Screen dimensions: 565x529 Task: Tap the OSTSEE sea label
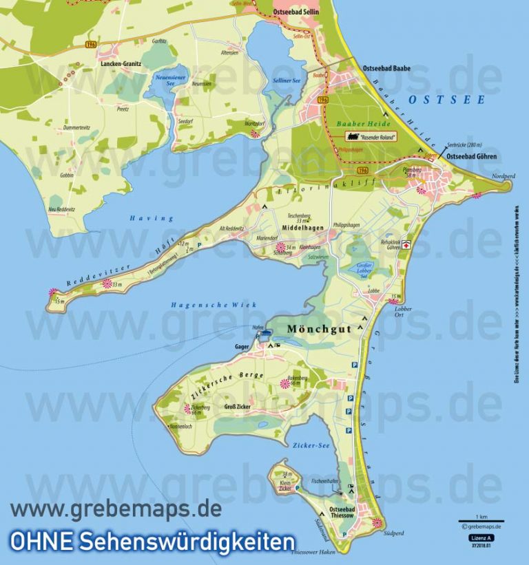click(447, 100)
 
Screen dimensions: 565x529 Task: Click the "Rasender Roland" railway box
click(371, 136)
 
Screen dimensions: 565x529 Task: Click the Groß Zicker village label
click(238, 407)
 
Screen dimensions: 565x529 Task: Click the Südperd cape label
click(394, 533)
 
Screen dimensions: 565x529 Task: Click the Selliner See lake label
click(287, 81)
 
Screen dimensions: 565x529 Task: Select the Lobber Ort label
click(402, 312)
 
